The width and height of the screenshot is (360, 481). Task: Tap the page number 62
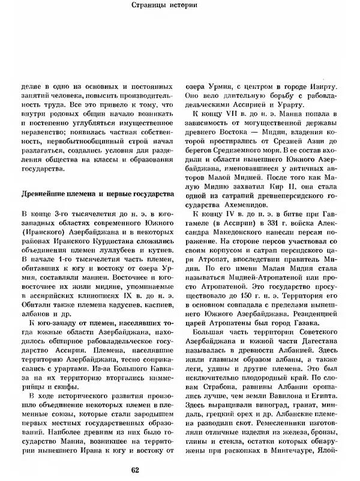(x=181, y=470)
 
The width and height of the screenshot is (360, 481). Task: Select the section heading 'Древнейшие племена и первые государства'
(x=98, y=195)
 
